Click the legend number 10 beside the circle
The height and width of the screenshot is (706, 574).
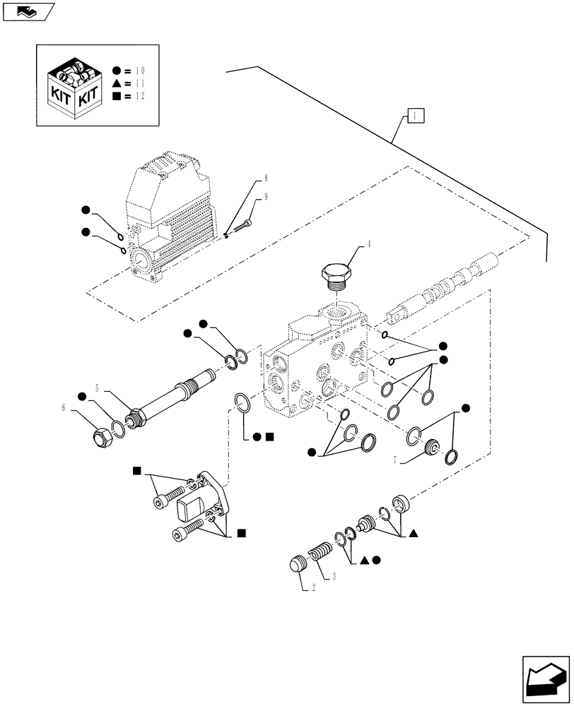[x=139, y=71]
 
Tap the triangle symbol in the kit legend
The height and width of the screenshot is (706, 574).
[x=117, y=83]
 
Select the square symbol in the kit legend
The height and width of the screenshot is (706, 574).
[x=117, y=96]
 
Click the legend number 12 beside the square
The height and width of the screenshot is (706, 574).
[x=139, y=96]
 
